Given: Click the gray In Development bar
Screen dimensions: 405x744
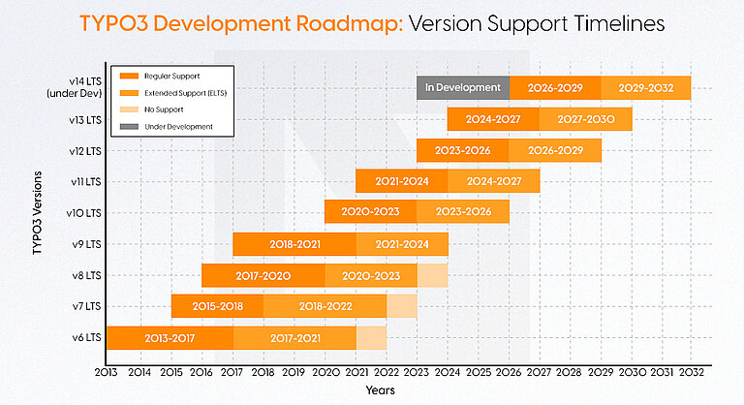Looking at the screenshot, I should tap(462, 88).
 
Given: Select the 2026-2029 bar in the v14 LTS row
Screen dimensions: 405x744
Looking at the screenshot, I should tap(554, 88).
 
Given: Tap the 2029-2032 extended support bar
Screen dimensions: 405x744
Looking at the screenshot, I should tap(645, 88).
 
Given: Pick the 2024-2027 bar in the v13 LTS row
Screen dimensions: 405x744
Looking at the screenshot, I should tap(493, 119).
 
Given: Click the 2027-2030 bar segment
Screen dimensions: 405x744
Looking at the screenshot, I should tap(585, 119).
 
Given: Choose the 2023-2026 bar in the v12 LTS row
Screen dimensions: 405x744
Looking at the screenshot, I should tap(462, 150).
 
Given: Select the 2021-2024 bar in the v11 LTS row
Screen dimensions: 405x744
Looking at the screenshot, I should tap(401, 181).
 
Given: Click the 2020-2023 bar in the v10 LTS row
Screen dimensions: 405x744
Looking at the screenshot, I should tap(370, 212).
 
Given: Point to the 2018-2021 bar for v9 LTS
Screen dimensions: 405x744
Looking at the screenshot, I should tap(294, 244).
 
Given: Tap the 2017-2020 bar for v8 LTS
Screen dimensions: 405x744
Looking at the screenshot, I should tap(263, 275).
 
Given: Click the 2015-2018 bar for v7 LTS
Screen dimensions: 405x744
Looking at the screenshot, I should tap(217, 306).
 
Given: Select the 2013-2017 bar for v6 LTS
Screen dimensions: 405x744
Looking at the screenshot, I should tap(170, 337).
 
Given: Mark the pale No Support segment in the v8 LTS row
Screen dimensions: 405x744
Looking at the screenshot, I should tap(432, 275).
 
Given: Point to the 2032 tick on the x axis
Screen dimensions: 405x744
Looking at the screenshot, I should tap(692, 372).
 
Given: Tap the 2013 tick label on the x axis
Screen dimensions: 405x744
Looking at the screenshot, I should tap(106, 372).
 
